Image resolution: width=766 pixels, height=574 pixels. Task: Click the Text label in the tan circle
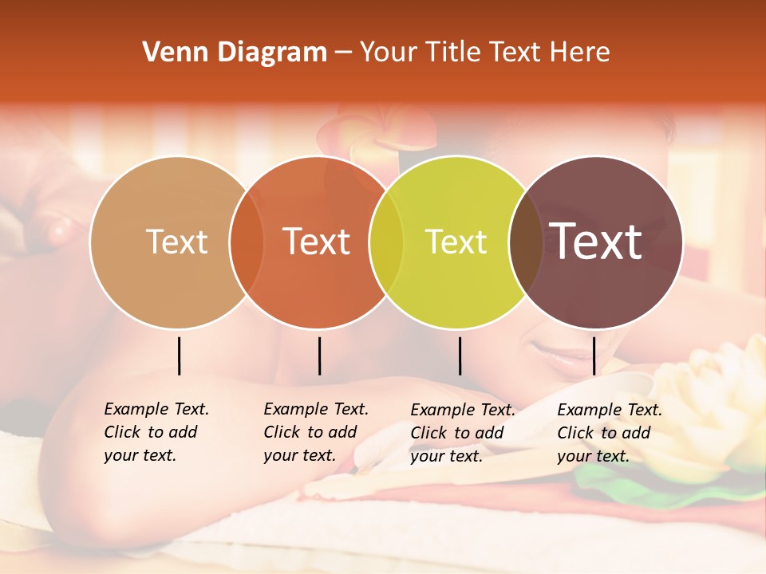point(176,242)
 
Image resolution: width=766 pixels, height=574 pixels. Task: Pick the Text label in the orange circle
point(317,242)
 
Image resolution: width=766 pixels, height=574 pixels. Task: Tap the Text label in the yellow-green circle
point(456,242)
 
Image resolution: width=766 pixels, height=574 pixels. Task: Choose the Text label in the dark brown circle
point(596,242)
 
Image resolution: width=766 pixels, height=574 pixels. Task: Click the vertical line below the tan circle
point(179,356)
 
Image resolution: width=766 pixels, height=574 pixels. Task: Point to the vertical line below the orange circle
point(319,356)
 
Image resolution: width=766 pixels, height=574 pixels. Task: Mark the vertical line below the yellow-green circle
point(460,356)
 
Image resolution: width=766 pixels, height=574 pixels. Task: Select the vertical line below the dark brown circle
point(594,356)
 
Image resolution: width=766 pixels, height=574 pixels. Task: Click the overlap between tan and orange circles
point(247,242)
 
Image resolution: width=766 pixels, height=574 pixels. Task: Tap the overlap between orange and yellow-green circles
point(386,242)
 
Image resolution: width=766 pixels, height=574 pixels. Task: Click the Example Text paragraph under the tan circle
point(156,432)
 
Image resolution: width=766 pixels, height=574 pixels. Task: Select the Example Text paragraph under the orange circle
point(315,432)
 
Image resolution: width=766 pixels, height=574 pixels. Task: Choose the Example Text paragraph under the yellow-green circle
point(462,433)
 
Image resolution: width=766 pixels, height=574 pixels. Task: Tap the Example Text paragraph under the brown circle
point(609,433)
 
